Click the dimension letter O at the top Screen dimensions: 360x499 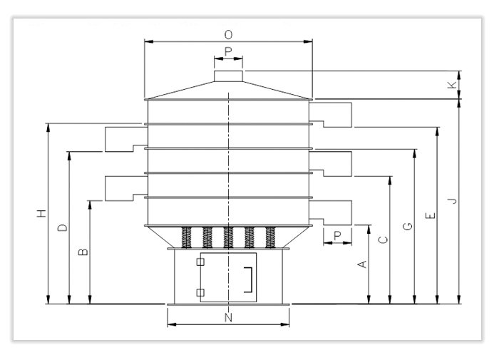[228, 34]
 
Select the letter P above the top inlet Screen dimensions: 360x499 [228, 51]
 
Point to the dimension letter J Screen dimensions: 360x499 [451, 202]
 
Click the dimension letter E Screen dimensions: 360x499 [428, 215]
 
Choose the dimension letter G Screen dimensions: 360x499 [407, 227]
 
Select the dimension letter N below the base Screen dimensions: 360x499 [228, 317]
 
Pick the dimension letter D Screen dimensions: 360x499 [63, 227]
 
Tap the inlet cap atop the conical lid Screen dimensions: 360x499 [228, 76]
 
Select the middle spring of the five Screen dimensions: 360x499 [228, 237]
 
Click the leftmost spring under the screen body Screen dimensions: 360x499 [187, 237]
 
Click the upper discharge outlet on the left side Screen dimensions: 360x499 [120, 138]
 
